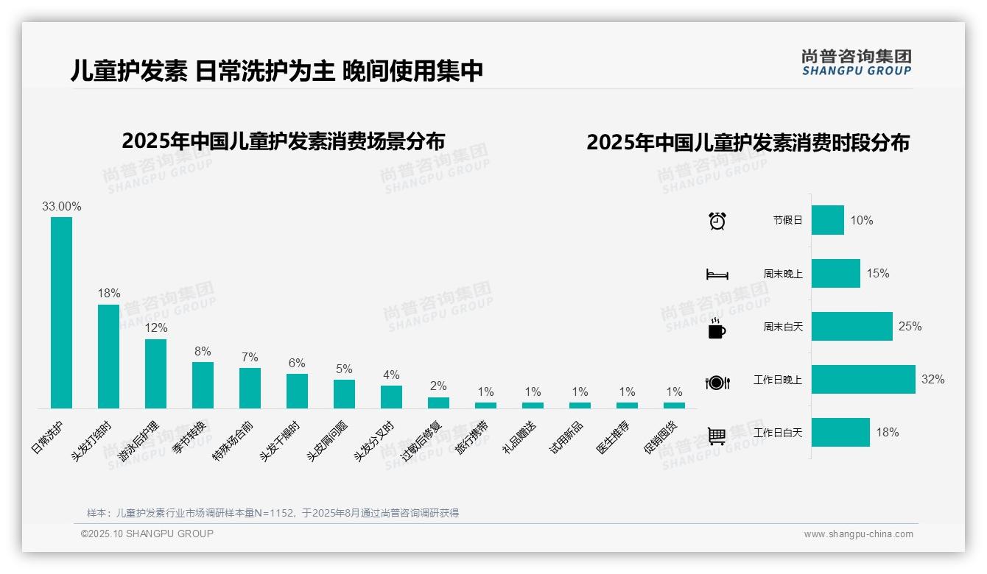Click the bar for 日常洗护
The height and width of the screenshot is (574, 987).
pos(61,312)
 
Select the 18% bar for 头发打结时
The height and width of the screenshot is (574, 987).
pos(108,356)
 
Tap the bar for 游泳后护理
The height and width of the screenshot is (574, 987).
pos(155,373)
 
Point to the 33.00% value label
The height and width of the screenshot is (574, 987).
pos(62,207)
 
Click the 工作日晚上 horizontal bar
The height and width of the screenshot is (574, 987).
pos(863,380)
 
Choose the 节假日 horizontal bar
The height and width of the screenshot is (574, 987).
pos(827,220)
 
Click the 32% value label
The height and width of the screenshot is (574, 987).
pos(932,380)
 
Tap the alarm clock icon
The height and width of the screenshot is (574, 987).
pos(717,221)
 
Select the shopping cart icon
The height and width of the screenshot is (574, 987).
pos(717,436)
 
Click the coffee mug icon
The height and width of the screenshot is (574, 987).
pos(717,329)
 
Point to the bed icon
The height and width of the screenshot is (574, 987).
pos(717,274)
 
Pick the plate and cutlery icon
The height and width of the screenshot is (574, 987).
pos(717,383)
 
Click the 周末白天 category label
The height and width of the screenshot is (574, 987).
pos(783,327)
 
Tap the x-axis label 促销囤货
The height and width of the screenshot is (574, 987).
pos(660,437)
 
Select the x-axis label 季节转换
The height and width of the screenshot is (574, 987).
pos(189,437)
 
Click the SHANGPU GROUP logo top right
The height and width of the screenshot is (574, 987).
pos(856,63)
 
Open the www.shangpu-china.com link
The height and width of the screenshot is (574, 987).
pos(858,534)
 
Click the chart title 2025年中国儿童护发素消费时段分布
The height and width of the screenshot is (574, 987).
pos(748,143)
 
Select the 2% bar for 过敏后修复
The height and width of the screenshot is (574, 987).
pos(438,403)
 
